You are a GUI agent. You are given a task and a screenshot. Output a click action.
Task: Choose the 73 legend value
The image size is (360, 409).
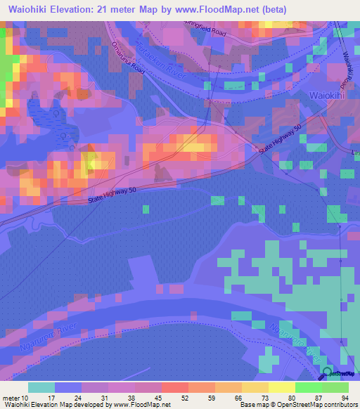point(258,398)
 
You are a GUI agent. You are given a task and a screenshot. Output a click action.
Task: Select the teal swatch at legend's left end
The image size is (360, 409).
point(41,387)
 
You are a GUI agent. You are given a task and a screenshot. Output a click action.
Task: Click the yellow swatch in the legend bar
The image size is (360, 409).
point(281,387)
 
